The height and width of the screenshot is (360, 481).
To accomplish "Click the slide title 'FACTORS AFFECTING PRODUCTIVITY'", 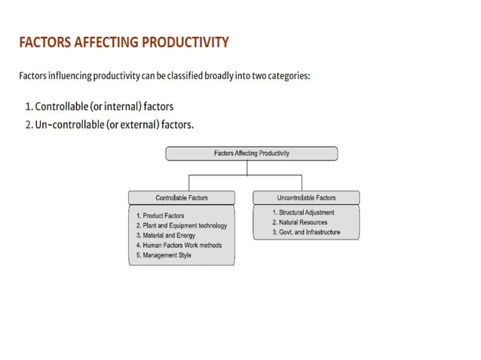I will click(124, 42).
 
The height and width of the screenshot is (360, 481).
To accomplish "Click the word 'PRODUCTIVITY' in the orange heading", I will click(183, 42).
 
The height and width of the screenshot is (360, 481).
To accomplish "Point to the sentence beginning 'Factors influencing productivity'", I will click(164, 76).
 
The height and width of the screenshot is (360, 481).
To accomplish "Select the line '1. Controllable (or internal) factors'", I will click(104, 106).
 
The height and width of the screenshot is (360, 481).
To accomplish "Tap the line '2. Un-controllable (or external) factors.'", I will click(109, 124).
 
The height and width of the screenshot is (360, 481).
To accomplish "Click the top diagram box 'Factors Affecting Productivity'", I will click(251, 153).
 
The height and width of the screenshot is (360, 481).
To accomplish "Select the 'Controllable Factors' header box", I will click(182, 198).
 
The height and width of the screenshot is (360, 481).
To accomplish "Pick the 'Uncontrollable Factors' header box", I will click(305, 198).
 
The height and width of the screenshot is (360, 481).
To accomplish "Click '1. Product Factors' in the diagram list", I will click(160, 216).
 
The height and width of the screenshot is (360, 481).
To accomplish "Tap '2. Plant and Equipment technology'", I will click(181, 226).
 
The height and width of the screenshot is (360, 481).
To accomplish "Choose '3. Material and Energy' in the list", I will click(166, 236).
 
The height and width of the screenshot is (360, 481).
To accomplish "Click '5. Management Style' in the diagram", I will click(164, 255).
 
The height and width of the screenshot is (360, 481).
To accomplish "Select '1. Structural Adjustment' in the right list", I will click(303, 213).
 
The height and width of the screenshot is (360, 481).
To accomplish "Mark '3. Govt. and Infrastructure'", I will click(306, 233).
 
